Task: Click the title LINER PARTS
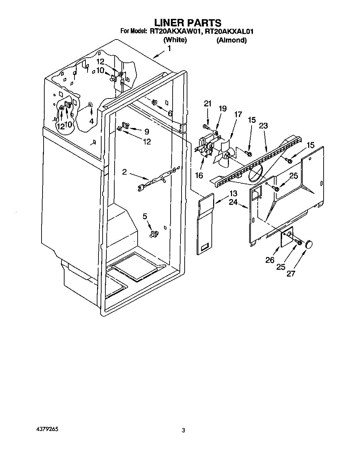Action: [187, 23]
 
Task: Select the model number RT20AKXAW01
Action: [175, 32]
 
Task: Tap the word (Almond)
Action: [231, 40]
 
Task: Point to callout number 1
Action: [169, 48]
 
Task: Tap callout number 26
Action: [270, 260]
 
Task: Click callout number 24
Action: [233, 202]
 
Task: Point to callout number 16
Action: [199, 175]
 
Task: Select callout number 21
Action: [208, 104]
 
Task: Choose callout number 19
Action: [222, 109]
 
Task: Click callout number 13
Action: [233, 193]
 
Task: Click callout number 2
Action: [125, 172]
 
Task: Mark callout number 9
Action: [147, 131]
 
